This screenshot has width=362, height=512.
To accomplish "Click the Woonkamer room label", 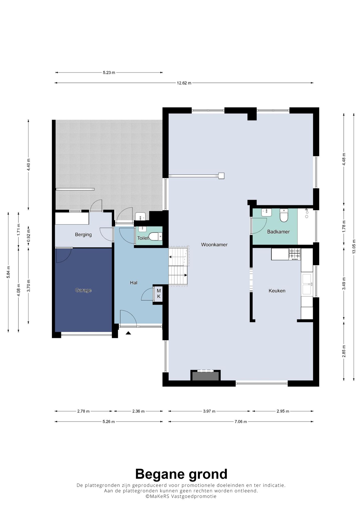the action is coord(214,245).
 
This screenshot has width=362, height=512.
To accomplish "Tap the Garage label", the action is coord(83,290).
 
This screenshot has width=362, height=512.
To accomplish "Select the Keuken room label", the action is coord(277,291).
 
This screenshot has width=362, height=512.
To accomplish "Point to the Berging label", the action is coord(83,235).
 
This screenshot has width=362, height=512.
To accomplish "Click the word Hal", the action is coord(133,283).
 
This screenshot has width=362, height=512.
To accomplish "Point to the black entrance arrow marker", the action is coord(128,333).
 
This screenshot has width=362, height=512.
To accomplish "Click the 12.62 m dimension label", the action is coord(184,83).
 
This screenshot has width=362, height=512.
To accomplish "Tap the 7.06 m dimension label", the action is coord(241,422).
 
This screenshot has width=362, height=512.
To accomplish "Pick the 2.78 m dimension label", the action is coord(83,411).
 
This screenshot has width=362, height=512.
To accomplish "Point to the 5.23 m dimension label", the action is coord(109,73).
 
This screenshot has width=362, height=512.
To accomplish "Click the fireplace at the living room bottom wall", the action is coord(205,375).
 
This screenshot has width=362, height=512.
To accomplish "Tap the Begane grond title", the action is coord(181,474).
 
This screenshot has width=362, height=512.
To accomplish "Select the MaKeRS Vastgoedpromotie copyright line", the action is coord(181,496).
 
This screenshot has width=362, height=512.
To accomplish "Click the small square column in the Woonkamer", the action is coord(221,176).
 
